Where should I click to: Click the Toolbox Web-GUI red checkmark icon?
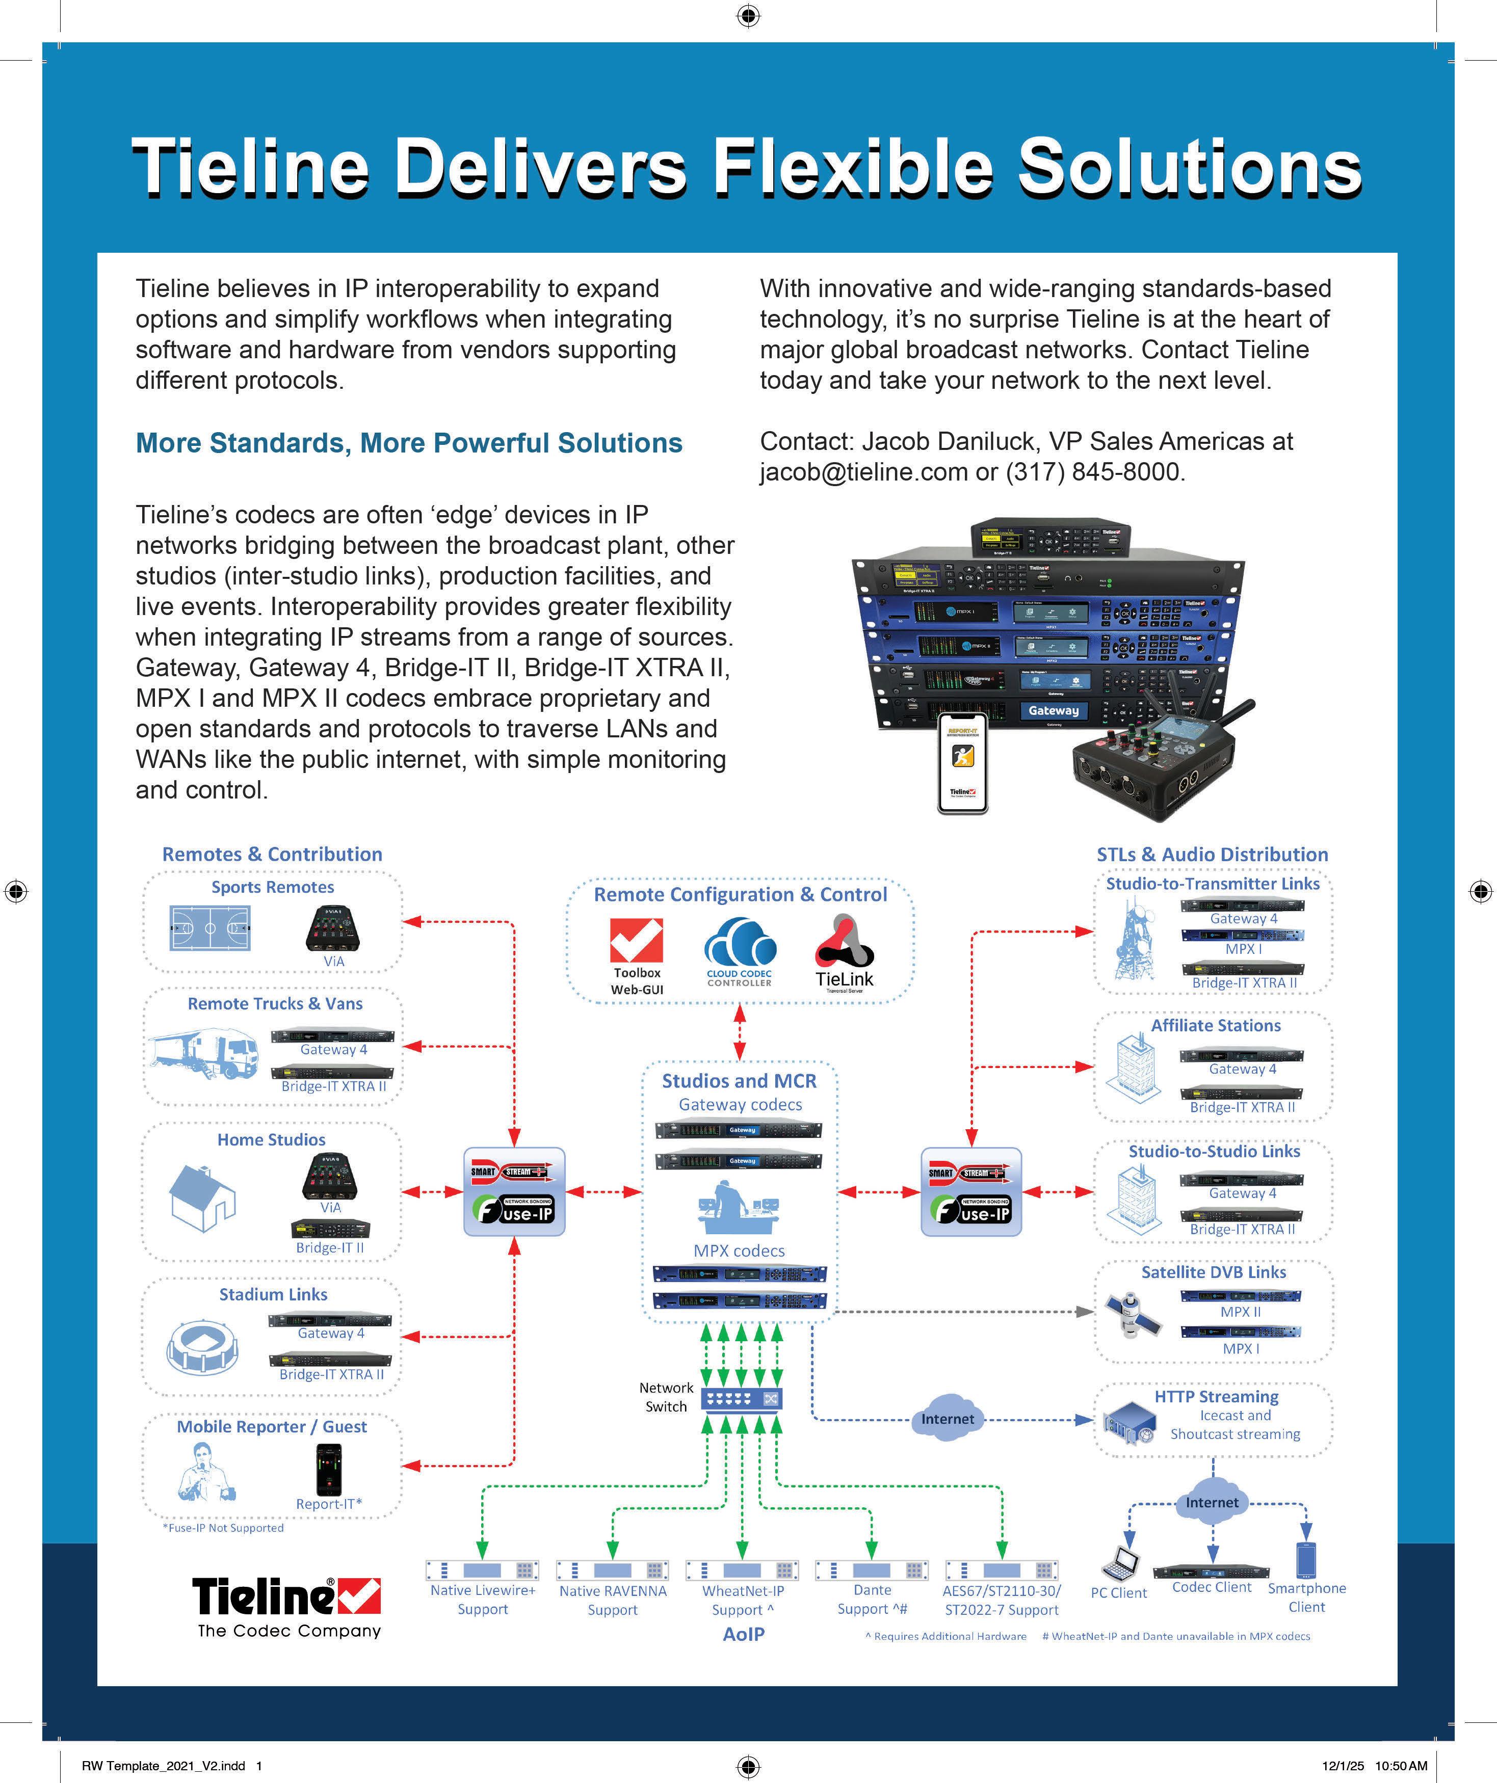coord(636,941)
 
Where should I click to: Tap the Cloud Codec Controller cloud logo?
coord(740,942)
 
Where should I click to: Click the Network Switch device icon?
coord(741,1398)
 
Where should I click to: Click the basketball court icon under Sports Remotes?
coord(209,928)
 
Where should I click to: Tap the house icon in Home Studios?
coord(202,1197)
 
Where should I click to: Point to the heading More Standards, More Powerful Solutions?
coord(408,443)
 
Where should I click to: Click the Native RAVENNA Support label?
coord(612,1600)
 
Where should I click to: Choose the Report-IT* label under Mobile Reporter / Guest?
coord(329,1504)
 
